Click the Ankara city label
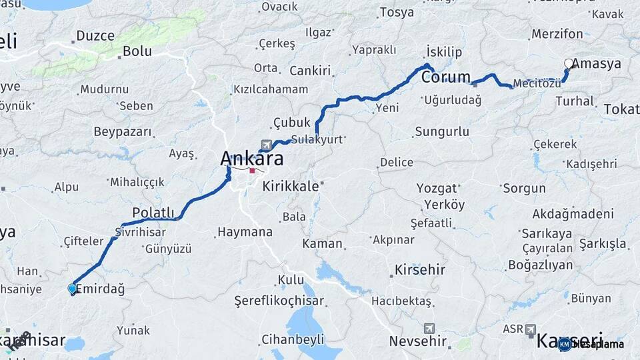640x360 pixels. (x=251, y=159)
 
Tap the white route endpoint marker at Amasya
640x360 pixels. (x=568, y=64)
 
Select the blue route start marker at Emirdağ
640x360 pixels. (x=72, y=289)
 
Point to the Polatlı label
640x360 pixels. (x=153, y=212)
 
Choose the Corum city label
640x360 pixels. (x=445, y=77)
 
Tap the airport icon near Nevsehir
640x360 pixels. (x=429, y=329)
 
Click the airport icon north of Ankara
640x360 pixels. (x=267, y=145)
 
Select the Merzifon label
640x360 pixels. (x=557, y=34)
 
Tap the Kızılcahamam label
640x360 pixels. (x=270, y=89)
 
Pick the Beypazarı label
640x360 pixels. (x=123, y=131)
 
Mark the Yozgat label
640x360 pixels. (x=437, y=188)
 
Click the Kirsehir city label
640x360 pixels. (x=419, y=270)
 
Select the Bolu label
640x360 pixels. (x=137, y=51)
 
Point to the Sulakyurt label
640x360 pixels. (x=316, y=140)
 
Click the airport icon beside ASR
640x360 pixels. (x=531, y=329)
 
